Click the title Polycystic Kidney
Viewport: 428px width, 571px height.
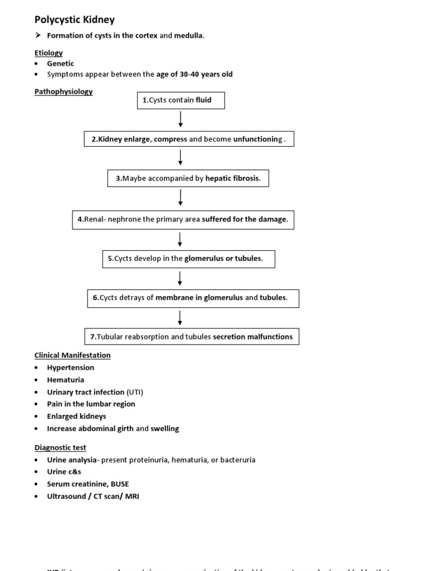point(75,20)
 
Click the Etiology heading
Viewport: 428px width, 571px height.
point(48,53)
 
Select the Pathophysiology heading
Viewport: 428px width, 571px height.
point(64,91)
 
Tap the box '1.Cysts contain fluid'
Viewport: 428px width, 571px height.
point(181,100)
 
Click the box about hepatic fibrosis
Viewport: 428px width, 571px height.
point(188,178)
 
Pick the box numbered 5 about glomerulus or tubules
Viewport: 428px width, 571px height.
point(188,259)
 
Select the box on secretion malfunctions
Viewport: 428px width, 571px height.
point(191,337)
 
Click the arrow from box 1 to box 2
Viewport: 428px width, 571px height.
point(181,119)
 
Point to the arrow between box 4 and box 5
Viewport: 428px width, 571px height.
point(181,239)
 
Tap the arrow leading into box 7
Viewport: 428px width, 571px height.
point(181,317)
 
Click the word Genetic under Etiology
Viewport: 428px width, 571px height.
point(60,64)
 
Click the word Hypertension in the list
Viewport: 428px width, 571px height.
point(71,367)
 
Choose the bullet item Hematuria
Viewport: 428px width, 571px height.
point(66,380)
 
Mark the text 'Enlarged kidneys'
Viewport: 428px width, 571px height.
point(76,416)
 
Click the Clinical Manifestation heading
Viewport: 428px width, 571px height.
point(72,355)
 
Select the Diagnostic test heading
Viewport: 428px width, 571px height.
point(60,447)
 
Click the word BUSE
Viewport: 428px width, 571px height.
point(119,484)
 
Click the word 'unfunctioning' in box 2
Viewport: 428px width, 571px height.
point(257,139)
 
